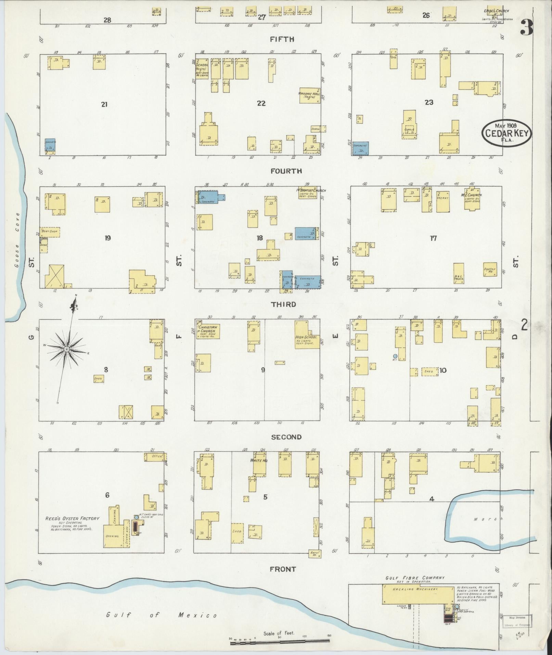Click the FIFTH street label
[x=282, y=39]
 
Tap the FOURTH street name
[x=286, y=171]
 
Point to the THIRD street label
[x=283, y=304]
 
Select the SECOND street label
[x=286, y=437]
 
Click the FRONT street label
[x=283, y=569]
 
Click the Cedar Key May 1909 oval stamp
[x=507, y=133]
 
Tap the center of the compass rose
[x=67, y=349]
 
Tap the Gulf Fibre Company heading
[x=415, y=578]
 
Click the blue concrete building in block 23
[x=360, y=148]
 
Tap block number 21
[x=104, y=104]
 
